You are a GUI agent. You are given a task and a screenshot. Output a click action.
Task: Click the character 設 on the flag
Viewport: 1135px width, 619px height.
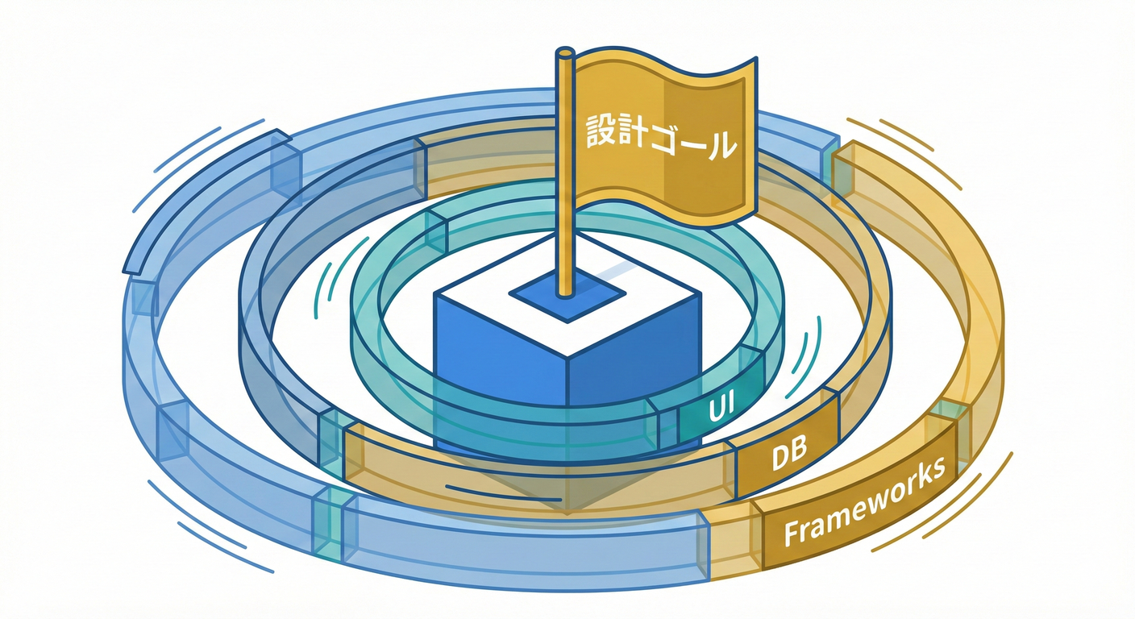pos(595,132)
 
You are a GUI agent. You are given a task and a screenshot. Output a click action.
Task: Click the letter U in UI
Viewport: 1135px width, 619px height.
pos(713,412)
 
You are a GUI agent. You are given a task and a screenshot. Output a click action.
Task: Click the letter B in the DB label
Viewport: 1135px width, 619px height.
pos(800,455)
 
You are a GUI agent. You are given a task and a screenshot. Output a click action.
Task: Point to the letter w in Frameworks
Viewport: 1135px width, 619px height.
pos(875,500)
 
